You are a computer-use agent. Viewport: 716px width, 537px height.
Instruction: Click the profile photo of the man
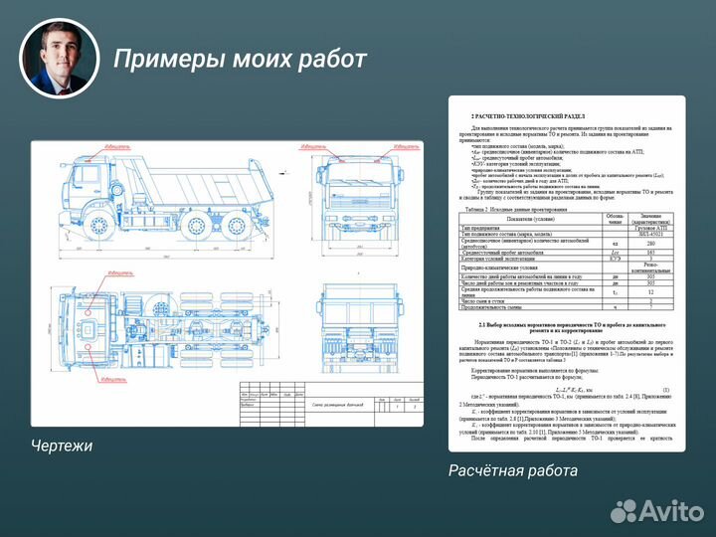coord(61,58)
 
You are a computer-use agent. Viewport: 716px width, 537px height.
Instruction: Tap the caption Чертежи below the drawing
coord(62,446)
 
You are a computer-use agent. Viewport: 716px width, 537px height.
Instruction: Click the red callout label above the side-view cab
coord(115,146)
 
